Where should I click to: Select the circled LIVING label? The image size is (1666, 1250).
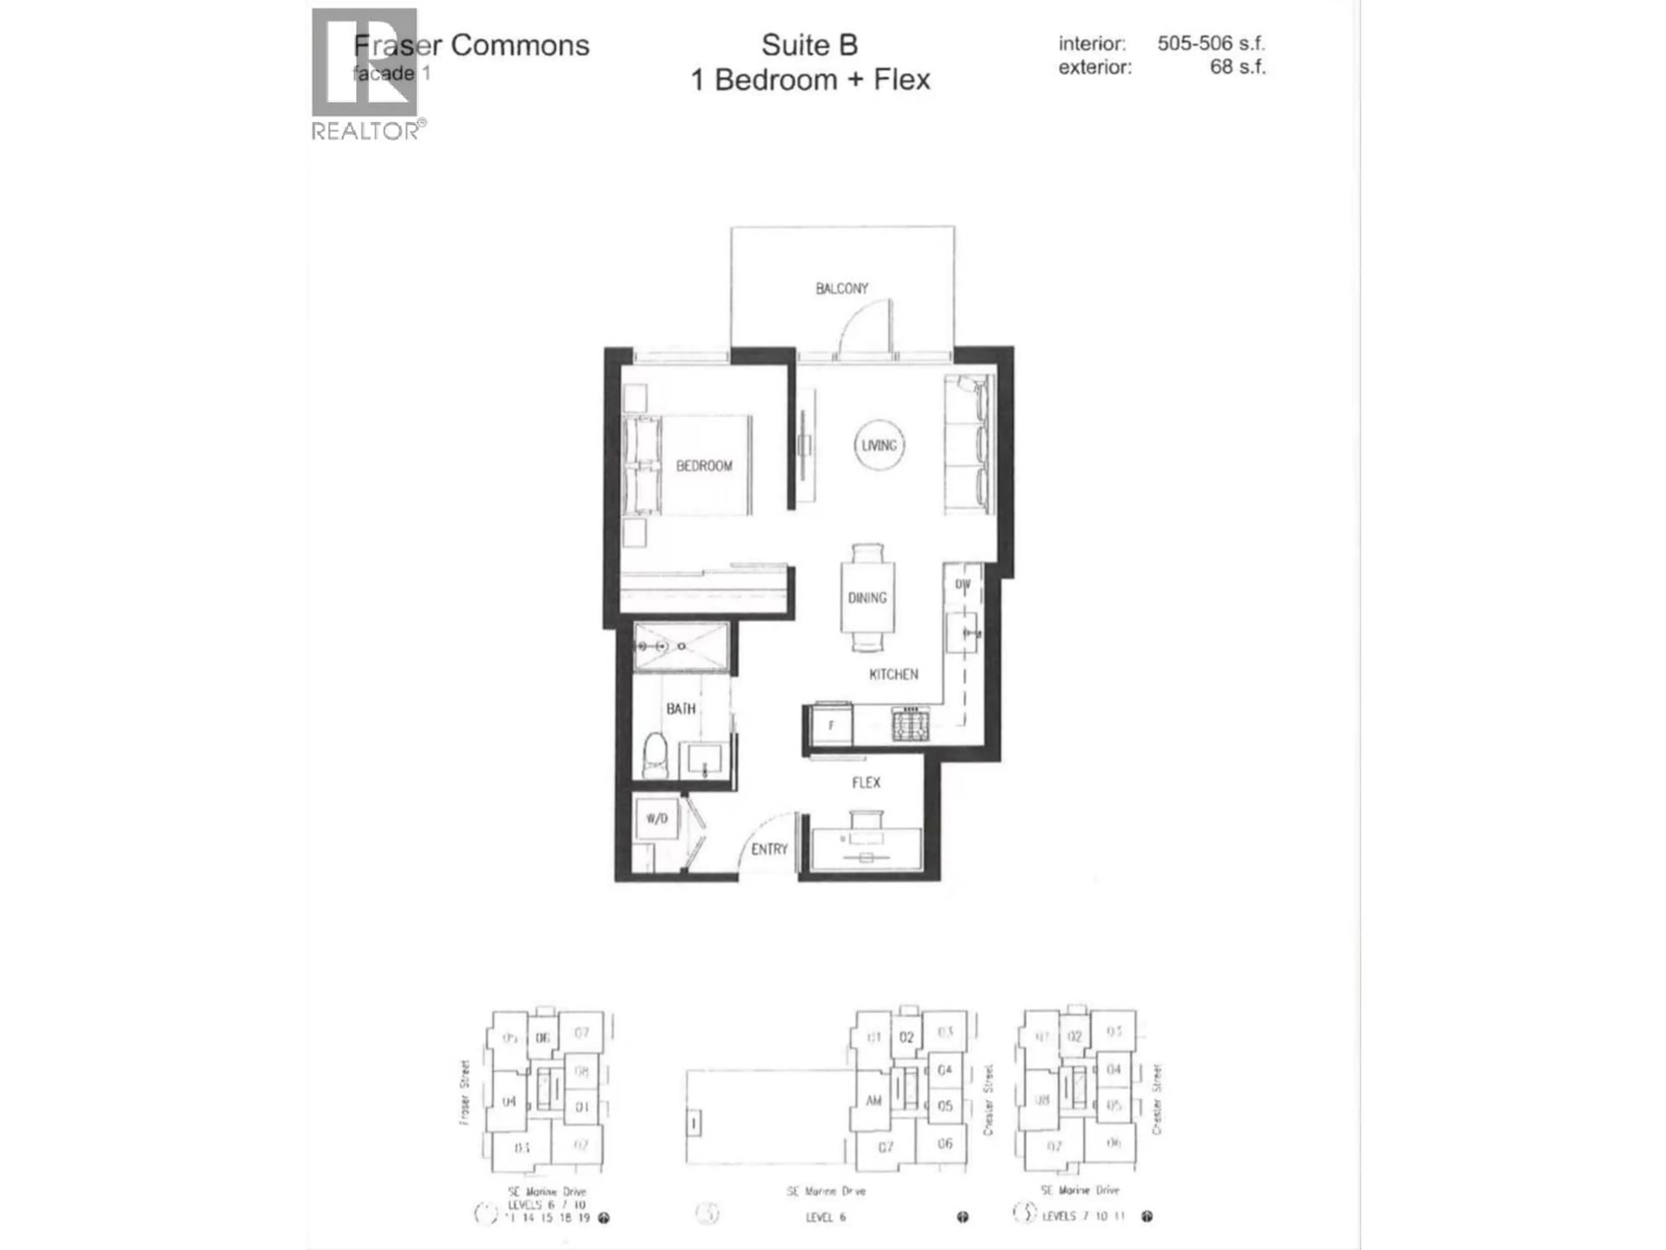pos(879,445)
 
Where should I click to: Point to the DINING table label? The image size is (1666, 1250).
pos(867,598)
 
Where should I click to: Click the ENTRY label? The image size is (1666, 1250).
pos(769,849)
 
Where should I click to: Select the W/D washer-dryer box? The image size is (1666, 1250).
pos(657,818)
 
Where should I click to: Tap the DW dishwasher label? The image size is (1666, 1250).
pos(963,584)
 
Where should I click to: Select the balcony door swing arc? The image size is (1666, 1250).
pos(863,324)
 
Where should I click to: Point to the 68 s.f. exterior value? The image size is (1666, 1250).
pos(1237,67)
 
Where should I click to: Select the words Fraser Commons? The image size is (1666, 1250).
pos(472,45)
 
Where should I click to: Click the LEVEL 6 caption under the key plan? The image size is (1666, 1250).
pos(826,1217)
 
